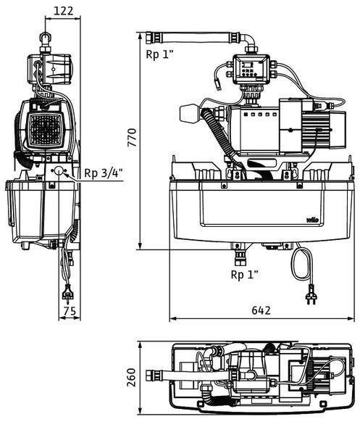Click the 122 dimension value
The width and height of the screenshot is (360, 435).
[x=64, y=11]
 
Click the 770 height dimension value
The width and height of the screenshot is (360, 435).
[x=132, y=138]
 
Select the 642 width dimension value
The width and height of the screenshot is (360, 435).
[x=261, y=310]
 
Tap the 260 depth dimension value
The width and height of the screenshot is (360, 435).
[x=131, y=377]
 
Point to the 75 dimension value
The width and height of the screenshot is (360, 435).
[x=70, y=311]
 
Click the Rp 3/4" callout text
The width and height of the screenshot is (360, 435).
[x=104, y=173]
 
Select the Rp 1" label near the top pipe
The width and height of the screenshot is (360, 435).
[x=159, y=54]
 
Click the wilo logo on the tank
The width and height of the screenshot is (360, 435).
[x=312, y=220]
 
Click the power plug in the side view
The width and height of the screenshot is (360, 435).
[x=67, y=293]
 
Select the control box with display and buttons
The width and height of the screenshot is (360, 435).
[x=251, y=69]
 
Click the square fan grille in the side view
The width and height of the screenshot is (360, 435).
[x=45, y=130]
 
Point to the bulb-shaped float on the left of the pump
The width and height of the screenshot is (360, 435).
[x=190, y=114]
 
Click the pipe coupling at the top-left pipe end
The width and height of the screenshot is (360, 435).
[x=154, y=38]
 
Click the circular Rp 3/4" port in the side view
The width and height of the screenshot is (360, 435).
[x=59, y=170]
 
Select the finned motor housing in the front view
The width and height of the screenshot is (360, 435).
[x=315, y=130]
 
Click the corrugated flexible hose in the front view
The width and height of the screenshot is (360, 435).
[x=220, y=136]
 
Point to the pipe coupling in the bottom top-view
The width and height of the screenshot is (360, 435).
[x=154, y=376]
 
